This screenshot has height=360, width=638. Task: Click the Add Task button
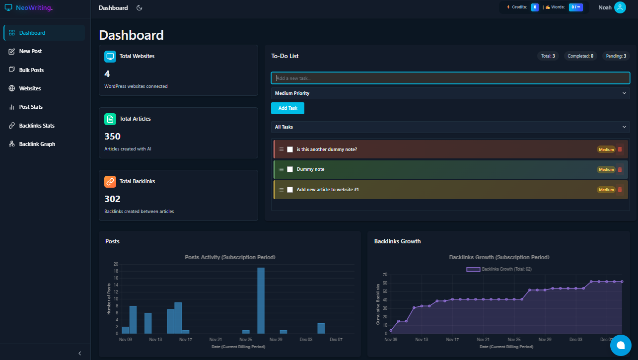pos(287,108)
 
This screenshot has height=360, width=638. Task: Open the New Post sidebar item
pos(30,51)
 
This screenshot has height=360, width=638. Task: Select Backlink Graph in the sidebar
pos(37,144)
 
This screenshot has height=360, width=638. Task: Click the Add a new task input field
pos(450,78)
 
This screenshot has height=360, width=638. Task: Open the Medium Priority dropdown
pos(450,93)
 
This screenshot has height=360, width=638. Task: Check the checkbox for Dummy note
pos(290,169)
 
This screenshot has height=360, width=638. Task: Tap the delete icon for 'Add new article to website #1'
pos(619,190)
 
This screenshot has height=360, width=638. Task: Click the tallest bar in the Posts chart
pos(261,300)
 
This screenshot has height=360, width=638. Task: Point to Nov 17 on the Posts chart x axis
pos(186,340)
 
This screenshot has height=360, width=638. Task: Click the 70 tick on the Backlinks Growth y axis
pos(384,275)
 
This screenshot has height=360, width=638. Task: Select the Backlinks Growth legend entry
pos(499,269)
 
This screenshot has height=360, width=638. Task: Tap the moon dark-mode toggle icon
pos(140,8)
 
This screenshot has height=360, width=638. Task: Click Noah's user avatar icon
pos(620,7)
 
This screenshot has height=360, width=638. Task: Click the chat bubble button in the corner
pos(620,345)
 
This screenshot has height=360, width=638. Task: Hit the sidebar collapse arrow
pos(80,353)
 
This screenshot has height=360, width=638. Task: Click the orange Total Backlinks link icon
pos(110,181)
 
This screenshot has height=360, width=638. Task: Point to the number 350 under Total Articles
pos(113,137)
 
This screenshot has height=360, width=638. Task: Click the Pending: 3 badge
pos(616,56)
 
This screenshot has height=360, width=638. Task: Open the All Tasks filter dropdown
pos(450,127)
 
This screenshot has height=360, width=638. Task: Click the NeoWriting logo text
pos(34,8)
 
